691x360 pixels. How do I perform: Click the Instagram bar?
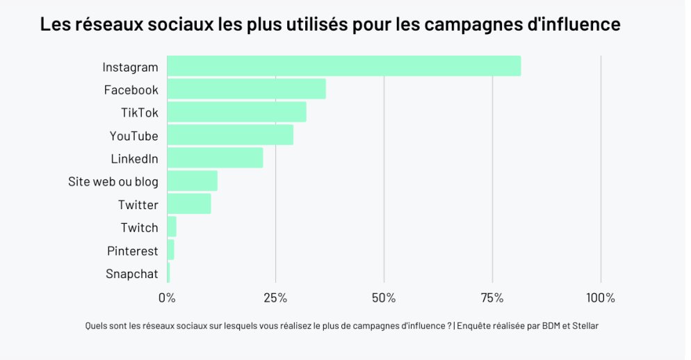[343, 66]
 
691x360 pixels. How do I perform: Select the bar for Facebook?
[246, 89]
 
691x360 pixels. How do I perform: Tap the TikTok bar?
[236, 112]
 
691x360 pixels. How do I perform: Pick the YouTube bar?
[230, 135]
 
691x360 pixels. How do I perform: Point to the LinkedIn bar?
[215, 158]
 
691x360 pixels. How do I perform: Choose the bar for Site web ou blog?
[192, 181]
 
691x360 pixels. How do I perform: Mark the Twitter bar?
[188, 204]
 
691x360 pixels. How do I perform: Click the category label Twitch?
[139, 228]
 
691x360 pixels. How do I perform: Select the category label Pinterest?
[132, 251]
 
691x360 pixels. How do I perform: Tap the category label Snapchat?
[131, 274]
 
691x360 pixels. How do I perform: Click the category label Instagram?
[130, 67]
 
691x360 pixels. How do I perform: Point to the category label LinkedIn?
[134, 159]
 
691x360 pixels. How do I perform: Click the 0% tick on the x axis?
[167, 298]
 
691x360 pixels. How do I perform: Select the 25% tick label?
[275, 298]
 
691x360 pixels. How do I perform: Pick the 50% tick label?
[384, 298]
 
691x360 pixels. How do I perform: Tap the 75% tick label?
[492, 298]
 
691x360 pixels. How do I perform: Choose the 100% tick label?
[601, 298]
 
